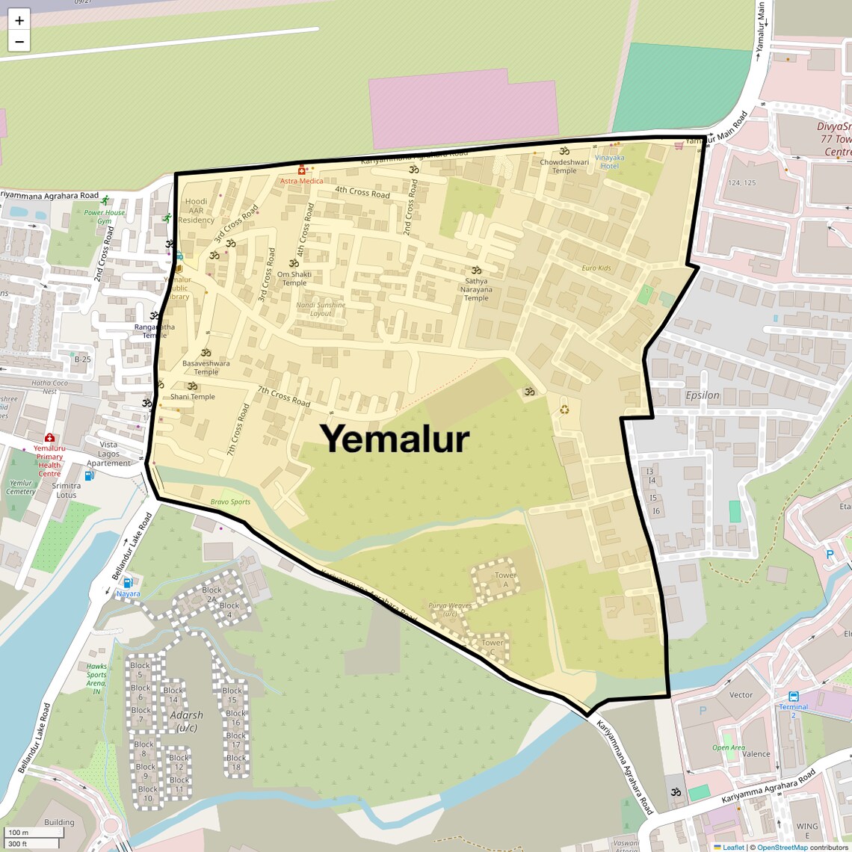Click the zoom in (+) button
click(19, 21)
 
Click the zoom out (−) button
click(19, 42)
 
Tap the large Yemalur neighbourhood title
click(395, 439)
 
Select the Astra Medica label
click(302, 181)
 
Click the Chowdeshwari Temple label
click(564, 166)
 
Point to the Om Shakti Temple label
click(294, 278)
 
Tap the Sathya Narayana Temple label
click(476, 289)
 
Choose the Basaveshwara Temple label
click(206, 367)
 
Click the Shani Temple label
click(193, 397)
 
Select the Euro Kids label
click(596, 268)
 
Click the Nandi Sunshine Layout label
click(321, 309)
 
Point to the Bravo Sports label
click(230, 502)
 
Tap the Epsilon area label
click(703, 395)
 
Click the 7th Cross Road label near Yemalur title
click(284, 396)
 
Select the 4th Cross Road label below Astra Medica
click(362, 192)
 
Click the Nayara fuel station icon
click(128, 583)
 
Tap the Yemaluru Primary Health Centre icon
click(49, 438)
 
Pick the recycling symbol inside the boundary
click(564, 409)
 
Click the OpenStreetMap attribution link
click(782, 848)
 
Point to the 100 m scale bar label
click(19, 833)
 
